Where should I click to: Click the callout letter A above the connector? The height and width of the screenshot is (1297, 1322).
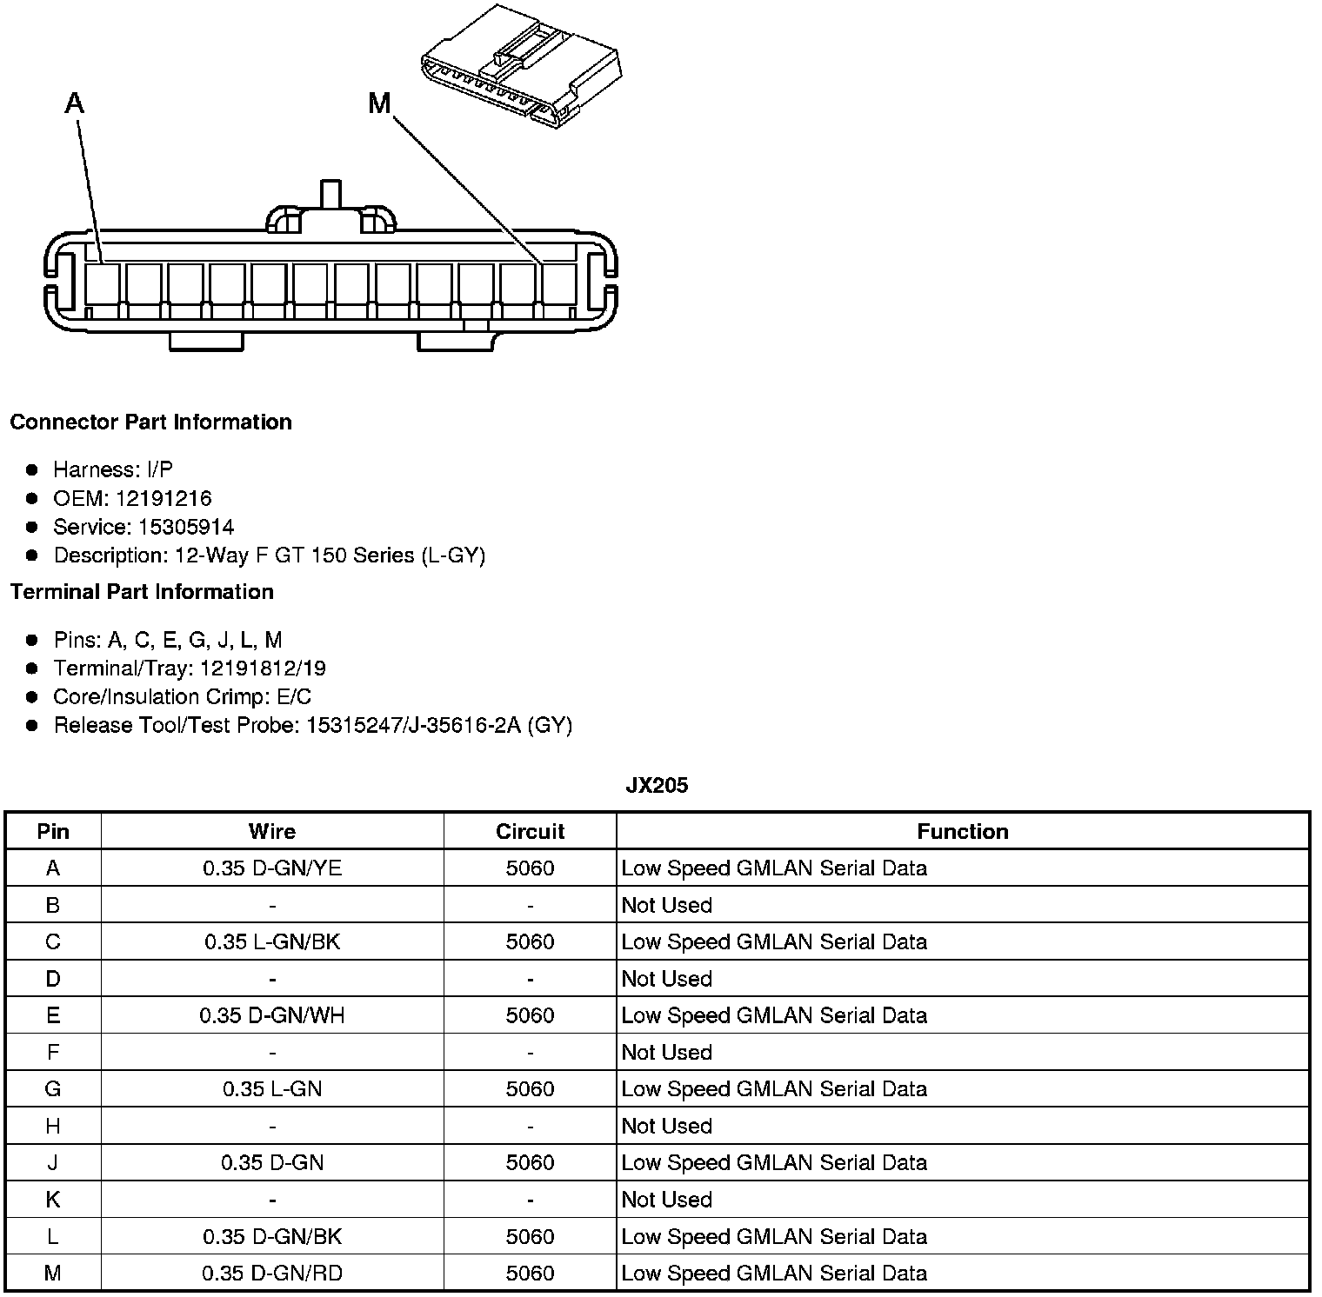pos(75,104)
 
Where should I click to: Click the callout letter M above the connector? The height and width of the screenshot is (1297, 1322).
pos(379,104)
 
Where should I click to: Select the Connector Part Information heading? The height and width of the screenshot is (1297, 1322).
pos(150,422)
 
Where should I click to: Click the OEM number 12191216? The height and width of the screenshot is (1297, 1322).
pos(164,499)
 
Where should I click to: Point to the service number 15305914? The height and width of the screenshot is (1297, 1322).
pos(186,528)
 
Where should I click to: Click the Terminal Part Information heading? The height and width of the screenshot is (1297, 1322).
pos(142,592)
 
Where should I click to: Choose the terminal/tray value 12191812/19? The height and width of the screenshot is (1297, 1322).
pos(263,668)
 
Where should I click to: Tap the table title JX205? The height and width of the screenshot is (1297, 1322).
pos(657,786)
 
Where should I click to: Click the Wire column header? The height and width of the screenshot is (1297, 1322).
pos(272,832)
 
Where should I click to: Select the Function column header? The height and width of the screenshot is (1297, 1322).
pos(963,832)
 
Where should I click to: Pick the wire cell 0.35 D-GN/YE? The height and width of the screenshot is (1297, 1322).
pos(272,868)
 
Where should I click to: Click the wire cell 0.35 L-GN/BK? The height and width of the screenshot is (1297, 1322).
pos(272,942)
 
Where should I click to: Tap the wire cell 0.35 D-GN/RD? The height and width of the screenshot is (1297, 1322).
pos(272,1274)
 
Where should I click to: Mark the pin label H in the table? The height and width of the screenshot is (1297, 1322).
pos(53,1127)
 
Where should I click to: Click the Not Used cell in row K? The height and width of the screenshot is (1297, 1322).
pos(667,1201)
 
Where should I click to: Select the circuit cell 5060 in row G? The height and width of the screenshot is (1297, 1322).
pos(530,1089)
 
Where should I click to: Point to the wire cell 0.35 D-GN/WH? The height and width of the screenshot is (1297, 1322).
pos(272,1016)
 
